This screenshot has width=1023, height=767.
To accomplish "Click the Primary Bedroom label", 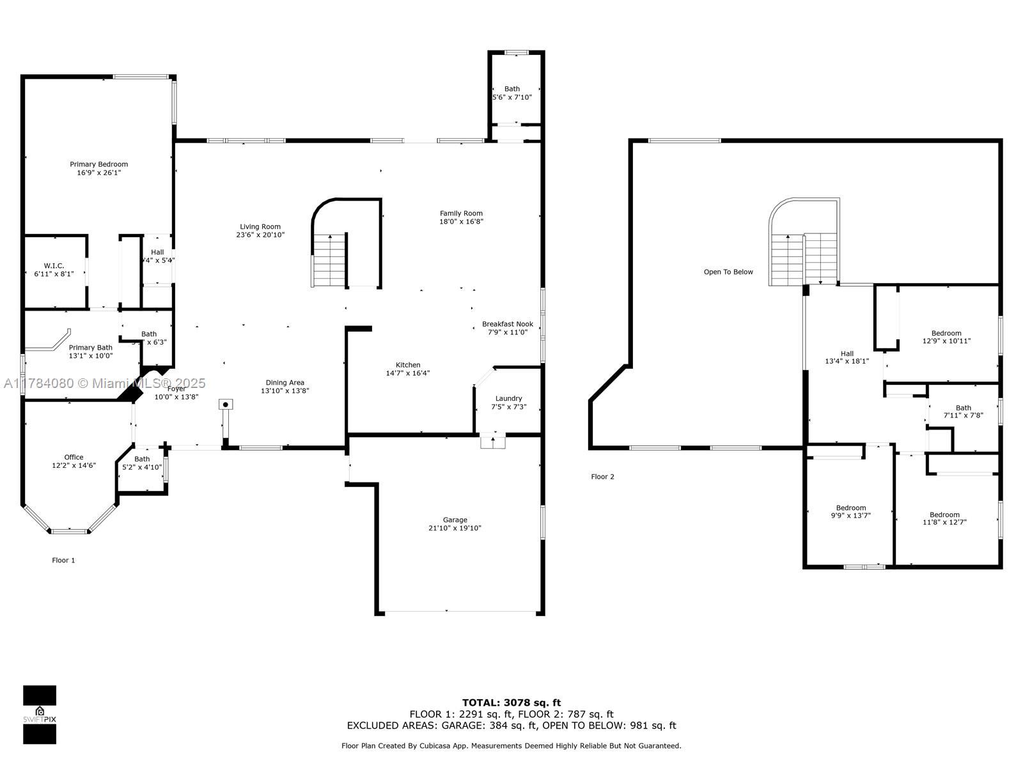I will coord(98,164).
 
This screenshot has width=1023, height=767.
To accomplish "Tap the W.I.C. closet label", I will coord(54,266).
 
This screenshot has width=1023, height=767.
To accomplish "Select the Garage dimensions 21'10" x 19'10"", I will coord(455,528).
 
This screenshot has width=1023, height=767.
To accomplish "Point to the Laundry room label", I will coord(508,399).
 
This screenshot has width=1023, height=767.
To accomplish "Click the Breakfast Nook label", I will coord(507,324).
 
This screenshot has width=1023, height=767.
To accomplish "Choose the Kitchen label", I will coord(408,365).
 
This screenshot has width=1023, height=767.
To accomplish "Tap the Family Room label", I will coord(461,213).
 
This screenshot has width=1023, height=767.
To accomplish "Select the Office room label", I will coord(74,457).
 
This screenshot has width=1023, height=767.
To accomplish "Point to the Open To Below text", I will coord(728,272).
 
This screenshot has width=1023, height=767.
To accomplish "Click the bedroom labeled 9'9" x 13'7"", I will coord(850,511).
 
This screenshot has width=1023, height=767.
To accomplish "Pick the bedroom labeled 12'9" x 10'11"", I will coord(946,337).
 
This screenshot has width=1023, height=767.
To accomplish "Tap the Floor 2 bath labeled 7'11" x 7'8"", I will coord(963,412).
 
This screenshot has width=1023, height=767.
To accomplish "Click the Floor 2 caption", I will coord(602,477).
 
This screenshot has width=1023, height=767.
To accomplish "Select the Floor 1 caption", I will coord(63,561).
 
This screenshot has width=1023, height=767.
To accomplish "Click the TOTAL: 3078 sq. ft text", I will coord(511,702).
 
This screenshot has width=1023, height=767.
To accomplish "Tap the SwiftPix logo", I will coord(40,715).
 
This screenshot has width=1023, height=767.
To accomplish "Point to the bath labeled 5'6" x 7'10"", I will coord(511,93).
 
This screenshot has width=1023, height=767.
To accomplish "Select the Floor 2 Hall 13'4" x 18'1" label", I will coord(847,357).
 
